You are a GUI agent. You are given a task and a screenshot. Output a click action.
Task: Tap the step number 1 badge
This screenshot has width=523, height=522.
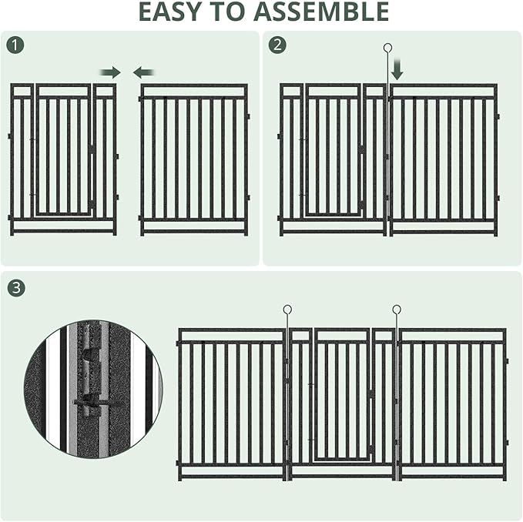tap(16, 45)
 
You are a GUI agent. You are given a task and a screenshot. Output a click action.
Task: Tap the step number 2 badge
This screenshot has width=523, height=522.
tap(277, 45)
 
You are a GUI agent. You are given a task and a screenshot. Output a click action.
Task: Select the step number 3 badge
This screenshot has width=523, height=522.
tap(16, 288)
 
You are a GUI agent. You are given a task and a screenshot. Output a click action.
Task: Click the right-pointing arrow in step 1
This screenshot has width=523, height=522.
tap(110, 72)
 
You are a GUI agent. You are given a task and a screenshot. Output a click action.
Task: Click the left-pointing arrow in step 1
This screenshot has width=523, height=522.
tap(143, 72)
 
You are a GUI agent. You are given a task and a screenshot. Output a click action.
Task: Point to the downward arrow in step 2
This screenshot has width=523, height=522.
tap(397, 72)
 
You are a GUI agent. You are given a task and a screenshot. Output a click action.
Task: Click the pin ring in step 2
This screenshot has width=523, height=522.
tap(388, 48)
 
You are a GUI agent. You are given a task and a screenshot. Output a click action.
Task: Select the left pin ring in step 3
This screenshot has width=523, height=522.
tap(287, 310)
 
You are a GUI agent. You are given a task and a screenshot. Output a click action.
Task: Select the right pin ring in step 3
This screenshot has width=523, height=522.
tap(397, 310)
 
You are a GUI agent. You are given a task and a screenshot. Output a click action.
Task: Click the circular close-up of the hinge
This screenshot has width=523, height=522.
tap(93, 390)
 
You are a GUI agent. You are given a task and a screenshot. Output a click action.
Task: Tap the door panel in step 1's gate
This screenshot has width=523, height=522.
tap(63, 154)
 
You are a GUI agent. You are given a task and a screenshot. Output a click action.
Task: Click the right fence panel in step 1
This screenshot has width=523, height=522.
tap(194, 159)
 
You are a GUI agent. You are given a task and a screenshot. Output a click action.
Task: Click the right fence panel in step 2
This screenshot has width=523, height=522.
tap(443, 159)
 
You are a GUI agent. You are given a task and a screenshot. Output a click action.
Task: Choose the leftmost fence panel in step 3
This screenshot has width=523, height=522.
tap(231, 403)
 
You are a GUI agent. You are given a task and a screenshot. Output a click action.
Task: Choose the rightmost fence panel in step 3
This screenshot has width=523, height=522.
tap(452, 403)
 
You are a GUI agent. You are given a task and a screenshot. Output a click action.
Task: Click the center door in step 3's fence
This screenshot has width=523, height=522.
tap(342, 397)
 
